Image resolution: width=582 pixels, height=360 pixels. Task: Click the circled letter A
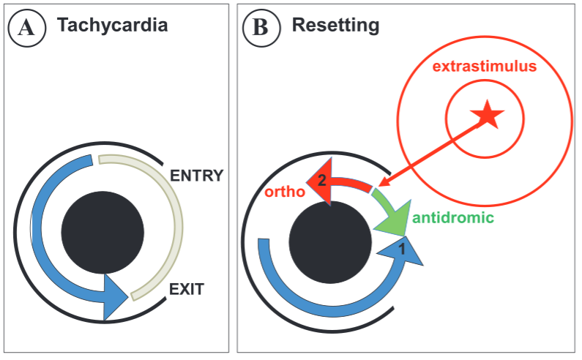tap(26, 29)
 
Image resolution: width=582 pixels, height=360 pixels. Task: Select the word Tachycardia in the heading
tap(113, 26)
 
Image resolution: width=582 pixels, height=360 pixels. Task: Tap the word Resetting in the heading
tap(335, 26)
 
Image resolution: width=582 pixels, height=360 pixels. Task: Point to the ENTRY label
tap(197, 176)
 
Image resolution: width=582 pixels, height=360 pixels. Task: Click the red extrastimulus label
tap(485, 67)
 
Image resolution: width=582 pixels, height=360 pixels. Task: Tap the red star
tap(486, 115)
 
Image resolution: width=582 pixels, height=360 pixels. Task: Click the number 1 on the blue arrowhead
tap(401, 250)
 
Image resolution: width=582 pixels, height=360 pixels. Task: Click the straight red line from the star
tap(432, 151)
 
